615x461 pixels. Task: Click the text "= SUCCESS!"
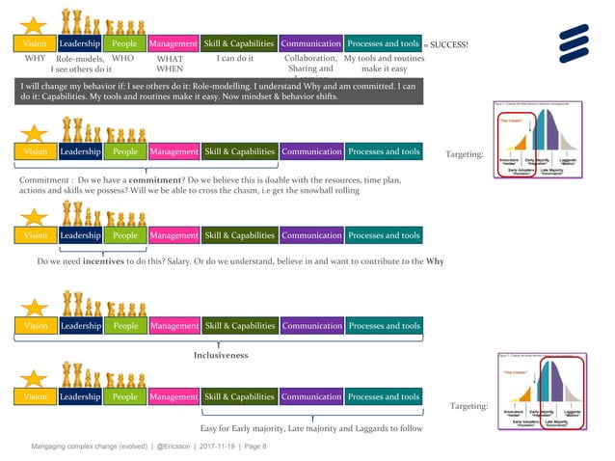[x=445, y=44]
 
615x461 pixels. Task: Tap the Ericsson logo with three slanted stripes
[x=577, y=41]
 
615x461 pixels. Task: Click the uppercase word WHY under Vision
[x=35, y=59]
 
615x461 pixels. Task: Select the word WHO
[x=123, y=59]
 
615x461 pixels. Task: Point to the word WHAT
[x=170, y=59]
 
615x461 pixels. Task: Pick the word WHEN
[x=170, y=69]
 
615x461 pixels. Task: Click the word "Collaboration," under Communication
[x=311, y=59]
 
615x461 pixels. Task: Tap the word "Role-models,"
[x=80, y=59]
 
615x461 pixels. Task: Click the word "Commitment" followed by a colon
[x=44, y=180]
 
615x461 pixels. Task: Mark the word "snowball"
[x=307, y=191]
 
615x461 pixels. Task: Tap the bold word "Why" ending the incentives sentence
[x=435, y=261]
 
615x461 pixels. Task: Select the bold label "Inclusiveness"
[x=221, y=355]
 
